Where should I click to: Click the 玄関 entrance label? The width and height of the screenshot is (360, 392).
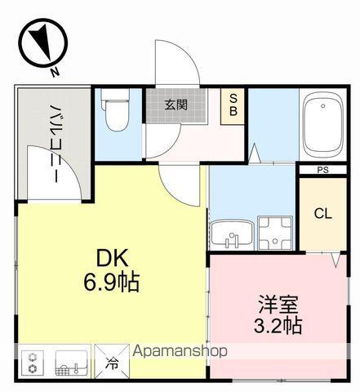point(175,104)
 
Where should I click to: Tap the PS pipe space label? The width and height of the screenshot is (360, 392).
point(323,170)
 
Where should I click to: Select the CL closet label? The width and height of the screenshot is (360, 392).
point(323,214)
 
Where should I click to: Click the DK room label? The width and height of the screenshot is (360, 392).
point(111,257)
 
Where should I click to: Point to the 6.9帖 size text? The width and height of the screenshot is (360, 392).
point(111,283)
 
